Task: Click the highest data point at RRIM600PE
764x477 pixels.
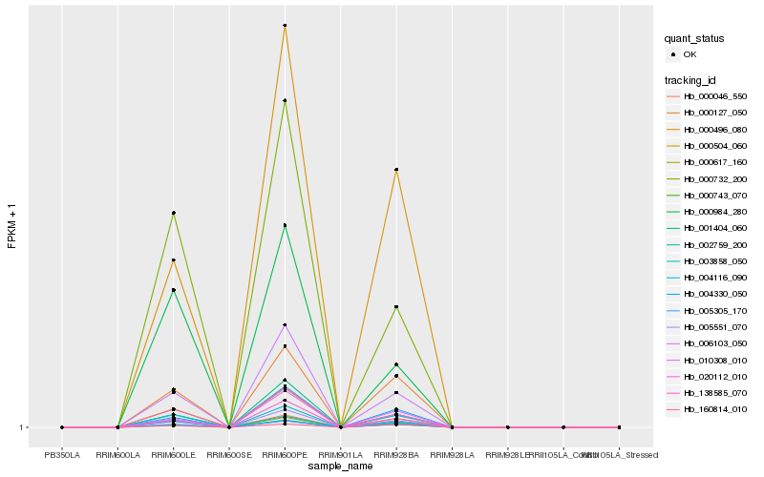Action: (285, 26)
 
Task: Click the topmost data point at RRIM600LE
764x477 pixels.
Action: (173, 213)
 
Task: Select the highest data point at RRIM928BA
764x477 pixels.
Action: (395, 170)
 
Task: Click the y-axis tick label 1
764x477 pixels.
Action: (22, 427)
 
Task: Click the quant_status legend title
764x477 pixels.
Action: (694, 38)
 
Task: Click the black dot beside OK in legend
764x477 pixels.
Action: (673, 54)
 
